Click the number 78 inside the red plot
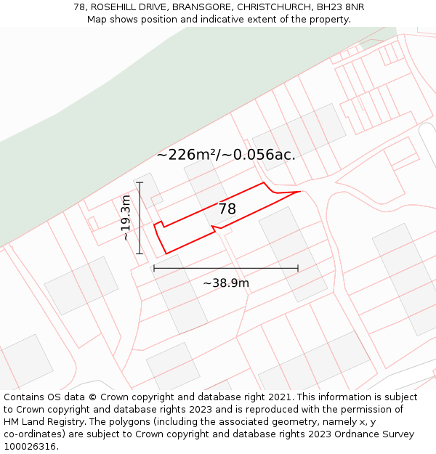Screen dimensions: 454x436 (227, 209)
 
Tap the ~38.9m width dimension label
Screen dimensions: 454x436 (225, 283)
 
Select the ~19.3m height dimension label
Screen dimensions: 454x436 (126, 217)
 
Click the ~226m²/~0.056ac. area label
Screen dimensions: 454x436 (225, 155)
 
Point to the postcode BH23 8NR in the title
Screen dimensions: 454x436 (341, 7)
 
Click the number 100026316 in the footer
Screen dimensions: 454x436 (29, 447)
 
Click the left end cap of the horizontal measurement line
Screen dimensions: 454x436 (154, 268)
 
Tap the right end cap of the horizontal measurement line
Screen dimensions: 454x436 (298, 268)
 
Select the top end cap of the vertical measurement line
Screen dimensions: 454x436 (140, 182)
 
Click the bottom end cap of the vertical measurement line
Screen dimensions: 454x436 (140, 254)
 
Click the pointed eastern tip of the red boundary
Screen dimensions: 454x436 (299, 192)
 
